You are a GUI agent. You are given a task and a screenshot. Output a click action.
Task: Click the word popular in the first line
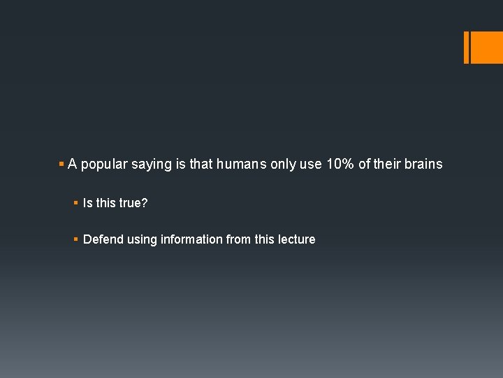(x=104, y=164)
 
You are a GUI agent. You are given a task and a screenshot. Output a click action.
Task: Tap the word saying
(x=152, y=164)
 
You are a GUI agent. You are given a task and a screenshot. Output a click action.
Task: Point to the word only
(x=284, y=164)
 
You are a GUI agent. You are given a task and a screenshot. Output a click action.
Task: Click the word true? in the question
(x=133, y=203)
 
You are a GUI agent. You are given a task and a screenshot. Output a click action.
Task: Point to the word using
(x=142, y=239)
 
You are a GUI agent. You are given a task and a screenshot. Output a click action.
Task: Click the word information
(x=192, y=239)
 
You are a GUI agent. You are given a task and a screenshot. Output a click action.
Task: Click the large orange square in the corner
(x=487, y=48)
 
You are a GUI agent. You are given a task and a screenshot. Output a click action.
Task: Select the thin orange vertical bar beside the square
(x=466, y=48)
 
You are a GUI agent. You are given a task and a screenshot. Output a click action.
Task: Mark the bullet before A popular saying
(x=61, y=164)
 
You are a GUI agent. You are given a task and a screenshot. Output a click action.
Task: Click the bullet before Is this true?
(x=75, y=203)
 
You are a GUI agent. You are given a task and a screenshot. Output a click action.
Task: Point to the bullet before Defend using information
(x=75, y=239)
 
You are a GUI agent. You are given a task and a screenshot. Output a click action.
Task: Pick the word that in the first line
(x=201, y=164)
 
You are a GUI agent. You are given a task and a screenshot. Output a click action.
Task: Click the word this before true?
(x=106, y=203)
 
